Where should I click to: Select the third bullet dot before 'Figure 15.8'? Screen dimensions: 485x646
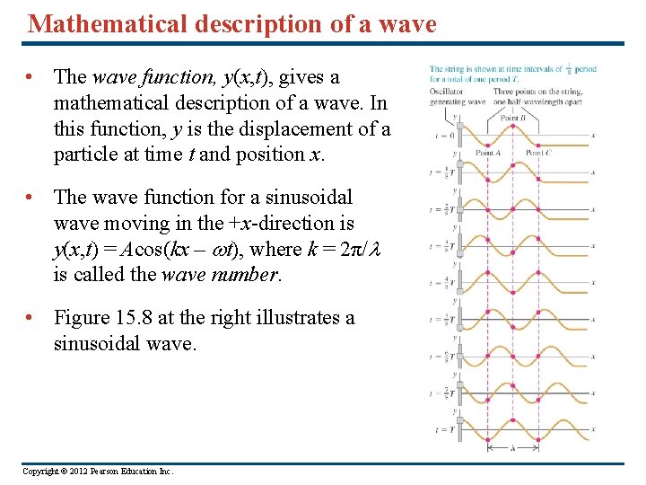click(32, 319)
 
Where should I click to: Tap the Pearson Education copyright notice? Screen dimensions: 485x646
click(98, 472)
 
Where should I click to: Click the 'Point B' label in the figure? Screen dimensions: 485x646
click(512, 118)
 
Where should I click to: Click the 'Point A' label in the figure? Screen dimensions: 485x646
click(488, 153)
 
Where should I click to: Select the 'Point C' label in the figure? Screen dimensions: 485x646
click(538, 153)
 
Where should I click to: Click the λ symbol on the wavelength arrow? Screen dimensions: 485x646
click(512, 447)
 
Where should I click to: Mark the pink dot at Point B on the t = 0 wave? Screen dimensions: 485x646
click(512, 127)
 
